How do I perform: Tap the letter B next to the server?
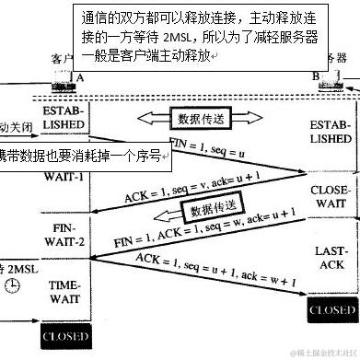(315, 77)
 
